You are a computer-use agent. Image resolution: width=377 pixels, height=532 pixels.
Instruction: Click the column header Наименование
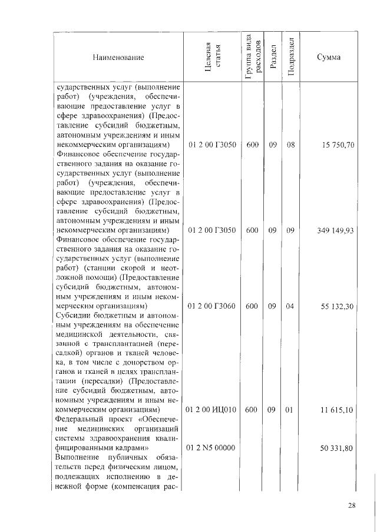tap(118, 58)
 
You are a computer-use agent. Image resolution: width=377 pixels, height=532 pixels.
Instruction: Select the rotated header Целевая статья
tap(212, 57)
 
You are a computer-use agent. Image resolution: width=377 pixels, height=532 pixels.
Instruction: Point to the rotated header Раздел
tap(272, 57)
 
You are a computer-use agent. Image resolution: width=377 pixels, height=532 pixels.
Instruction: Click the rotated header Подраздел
tap(290, 57)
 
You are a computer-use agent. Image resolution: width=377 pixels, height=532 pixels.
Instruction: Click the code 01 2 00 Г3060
tap(212, 306)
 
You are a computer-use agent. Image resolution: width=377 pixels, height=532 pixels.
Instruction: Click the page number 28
tap(352, 506)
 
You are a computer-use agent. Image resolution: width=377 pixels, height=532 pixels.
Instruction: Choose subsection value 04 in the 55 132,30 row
tap(290, 306)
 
